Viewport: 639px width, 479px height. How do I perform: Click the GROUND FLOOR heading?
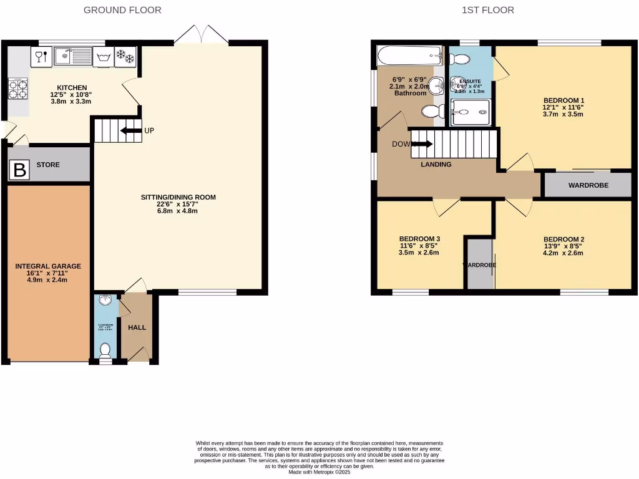122,10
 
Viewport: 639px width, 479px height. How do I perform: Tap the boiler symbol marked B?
20,170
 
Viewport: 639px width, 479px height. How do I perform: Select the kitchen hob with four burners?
17,89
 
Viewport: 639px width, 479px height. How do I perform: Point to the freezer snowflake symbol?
126,57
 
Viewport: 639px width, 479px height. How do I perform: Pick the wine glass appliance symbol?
40,57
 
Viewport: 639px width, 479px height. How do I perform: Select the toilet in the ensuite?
460,59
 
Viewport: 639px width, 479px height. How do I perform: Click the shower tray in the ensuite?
470,112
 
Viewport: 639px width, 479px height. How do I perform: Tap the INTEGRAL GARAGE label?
48,266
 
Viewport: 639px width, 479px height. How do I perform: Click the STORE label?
48,165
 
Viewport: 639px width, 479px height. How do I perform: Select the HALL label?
137,327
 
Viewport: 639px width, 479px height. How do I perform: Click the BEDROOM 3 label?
419,239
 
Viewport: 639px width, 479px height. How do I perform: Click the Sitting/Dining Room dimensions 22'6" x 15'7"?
178,204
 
